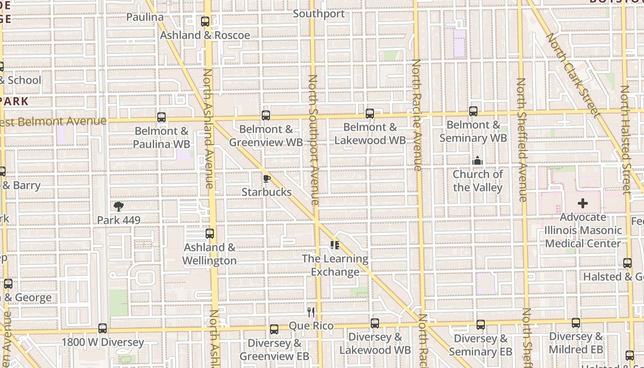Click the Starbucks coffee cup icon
click(266, 179)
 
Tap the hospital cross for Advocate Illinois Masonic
click(583, 203)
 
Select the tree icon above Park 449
click(119, 206)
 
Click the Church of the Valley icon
click(477, 161)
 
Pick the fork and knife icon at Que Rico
click(311, 312)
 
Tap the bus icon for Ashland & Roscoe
click(205, 22)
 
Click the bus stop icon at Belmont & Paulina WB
click(161, 117)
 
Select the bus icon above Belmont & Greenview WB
click(266, 115)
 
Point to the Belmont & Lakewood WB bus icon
click(370, 114)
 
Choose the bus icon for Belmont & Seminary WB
click(473, 111)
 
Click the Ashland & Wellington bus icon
click(210, 234)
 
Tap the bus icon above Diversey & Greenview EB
click(274, 329)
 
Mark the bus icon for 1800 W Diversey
click(103, 328)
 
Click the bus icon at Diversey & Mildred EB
click(576, 323)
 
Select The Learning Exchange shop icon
click(335, 245)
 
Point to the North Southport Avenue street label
click(313, 140)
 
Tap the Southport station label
click(319, 14)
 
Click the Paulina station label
click(145, 17)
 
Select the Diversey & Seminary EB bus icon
click(481, 325)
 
